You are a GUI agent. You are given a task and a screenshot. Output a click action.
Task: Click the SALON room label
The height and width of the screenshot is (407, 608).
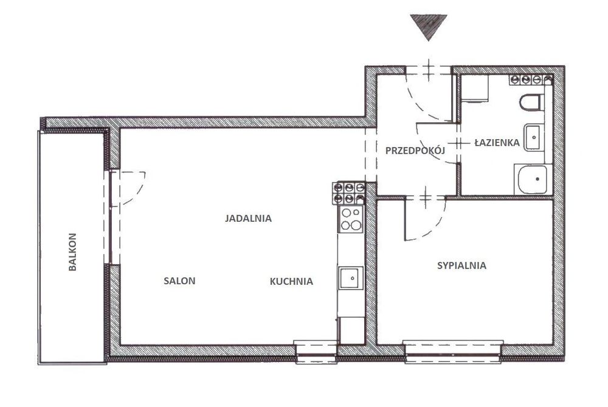(x=179, y=281)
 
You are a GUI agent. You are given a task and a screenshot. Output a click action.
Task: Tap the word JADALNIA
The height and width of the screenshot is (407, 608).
(x=248, y=219)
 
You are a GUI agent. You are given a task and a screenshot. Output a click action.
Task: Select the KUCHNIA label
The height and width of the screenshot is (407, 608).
(x=291, y=281)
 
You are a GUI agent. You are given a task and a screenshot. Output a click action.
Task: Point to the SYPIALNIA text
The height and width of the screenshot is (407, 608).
(x=461, y=265)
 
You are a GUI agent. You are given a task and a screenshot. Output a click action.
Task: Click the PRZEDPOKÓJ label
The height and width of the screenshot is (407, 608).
(x=415, y=151)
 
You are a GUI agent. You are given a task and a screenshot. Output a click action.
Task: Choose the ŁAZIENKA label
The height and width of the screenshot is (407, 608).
(x=497, y=143)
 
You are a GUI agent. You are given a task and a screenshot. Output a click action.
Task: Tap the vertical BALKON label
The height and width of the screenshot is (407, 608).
(x=72, y=251)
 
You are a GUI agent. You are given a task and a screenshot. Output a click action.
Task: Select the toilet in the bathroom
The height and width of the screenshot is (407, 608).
(x=530, y=102)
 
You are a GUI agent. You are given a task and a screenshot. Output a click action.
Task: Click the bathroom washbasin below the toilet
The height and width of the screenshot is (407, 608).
(x=534, y=137)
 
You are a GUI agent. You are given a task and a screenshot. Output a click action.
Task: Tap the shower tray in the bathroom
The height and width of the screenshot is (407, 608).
(x=533, y=179)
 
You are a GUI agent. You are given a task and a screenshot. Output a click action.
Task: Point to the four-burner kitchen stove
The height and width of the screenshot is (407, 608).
(x=351, y=219)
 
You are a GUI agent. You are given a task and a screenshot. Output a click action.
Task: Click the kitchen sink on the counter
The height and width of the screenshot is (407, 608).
(x=351, y=278)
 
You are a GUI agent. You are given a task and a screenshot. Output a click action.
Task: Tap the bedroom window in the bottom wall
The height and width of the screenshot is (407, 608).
(x=453, y=352)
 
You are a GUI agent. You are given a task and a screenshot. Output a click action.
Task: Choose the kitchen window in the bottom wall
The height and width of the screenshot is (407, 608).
(x=315, y=352)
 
